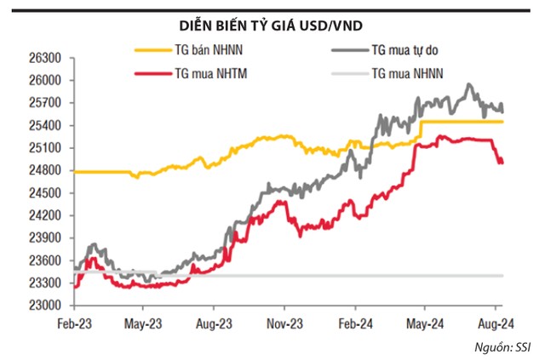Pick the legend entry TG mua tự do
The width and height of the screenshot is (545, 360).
pyautogui.click(x=403, y=51)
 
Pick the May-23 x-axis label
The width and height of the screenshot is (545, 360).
pyautogui.click(x=144, y=323)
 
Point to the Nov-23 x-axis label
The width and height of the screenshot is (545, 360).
pyautogui.click(x=286, y=323)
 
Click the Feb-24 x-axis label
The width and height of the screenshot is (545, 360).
pyautogui.click(x=358, y=323)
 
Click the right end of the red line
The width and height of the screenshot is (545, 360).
pyautogui.click(x=502, y=162)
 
